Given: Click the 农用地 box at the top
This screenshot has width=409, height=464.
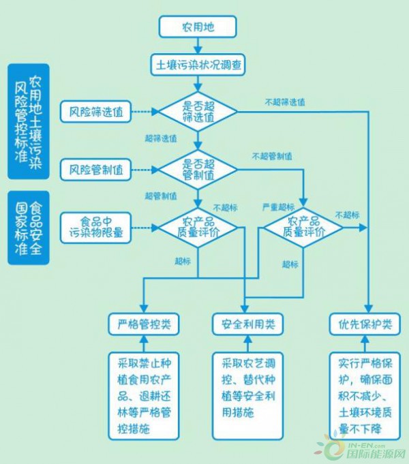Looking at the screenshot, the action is click(x=198, y=27).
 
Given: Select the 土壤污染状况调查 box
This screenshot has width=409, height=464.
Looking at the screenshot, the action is click(x=198, y=65).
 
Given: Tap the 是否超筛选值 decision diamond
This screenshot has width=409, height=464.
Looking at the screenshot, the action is click(x=198, y=112).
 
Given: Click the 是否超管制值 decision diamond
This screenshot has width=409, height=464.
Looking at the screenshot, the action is click(x=198, y=170).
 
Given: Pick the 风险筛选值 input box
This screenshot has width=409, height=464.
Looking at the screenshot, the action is click(x=95, y=112).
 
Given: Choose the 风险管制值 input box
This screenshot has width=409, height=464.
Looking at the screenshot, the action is click(x=95, y=170).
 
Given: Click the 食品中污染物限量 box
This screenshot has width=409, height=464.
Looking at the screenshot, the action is click(x=95, y=228).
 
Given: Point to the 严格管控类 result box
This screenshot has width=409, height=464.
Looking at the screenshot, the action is click(x=144, y=324).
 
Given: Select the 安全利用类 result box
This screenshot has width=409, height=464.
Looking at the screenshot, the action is click(x=248, y=324).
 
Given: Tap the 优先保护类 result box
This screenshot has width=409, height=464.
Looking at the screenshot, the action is click(x=365, y=324).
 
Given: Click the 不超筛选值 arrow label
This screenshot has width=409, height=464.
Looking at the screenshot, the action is click(x=285, y=102).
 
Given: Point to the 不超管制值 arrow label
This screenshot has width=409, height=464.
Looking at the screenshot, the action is click(x=272, y=156).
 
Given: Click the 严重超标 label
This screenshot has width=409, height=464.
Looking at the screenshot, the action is click(x=278, y=207).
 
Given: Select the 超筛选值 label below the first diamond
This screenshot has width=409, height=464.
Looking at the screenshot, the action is click(x=161, y=138).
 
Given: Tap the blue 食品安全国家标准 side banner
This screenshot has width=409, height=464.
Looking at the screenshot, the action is click(x=29, y=228).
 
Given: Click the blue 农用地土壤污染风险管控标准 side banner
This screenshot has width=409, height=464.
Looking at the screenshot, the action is click(x=29, y=122).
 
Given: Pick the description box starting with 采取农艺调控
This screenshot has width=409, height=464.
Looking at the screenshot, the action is click(x=248, y=396).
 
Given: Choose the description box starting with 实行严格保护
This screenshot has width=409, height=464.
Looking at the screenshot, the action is click(x=365, y=396).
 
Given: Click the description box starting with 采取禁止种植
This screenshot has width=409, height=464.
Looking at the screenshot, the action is click(x=144, y=396).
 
